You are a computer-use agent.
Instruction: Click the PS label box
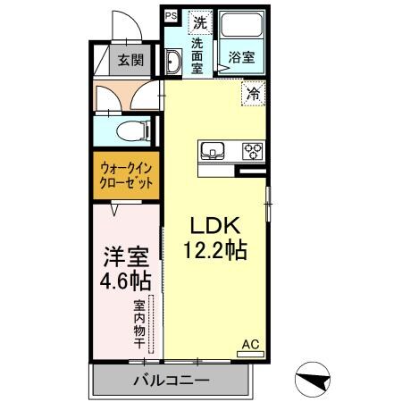point(170,15)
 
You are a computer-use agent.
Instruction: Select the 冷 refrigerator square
point(254,91)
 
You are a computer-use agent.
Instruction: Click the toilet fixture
point(131,132)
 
